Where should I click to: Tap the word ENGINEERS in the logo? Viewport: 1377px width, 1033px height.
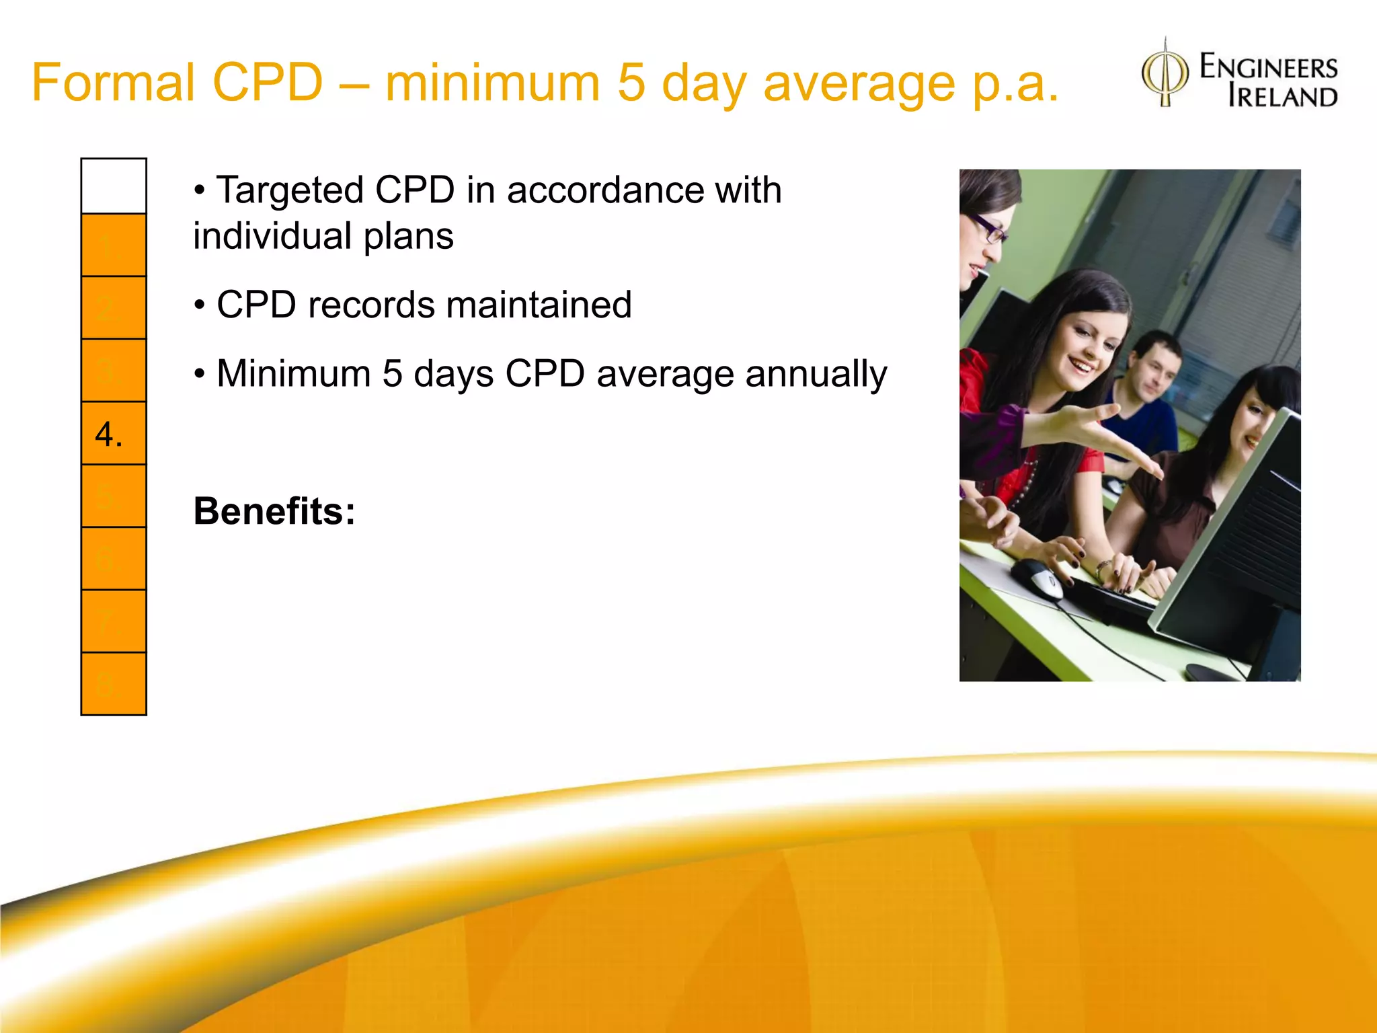[x=1269, y=68]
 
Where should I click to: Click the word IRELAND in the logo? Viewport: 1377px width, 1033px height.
[x=1282, y=98]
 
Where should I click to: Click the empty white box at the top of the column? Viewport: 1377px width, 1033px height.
[x=114, y=186]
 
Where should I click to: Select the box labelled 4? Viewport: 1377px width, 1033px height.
[x=114, y=433]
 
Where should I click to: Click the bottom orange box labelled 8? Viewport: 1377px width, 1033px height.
[x=114, y=683]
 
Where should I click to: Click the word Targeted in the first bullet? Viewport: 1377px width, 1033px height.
[x=290, y=190]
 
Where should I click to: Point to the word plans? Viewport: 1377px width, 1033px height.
[x=409, y=237]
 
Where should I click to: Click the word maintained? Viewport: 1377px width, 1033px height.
[x=539, y=305]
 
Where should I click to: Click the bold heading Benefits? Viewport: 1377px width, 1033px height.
[x=274, y=511]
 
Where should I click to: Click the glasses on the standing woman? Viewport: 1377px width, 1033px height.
[x=988, y=229]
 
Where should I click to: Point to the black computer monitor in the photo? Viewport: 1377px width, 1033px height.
[x=1237, y=538]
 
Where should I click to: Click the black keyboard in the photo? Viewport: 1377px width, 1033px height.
[x=1109, y=599]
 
